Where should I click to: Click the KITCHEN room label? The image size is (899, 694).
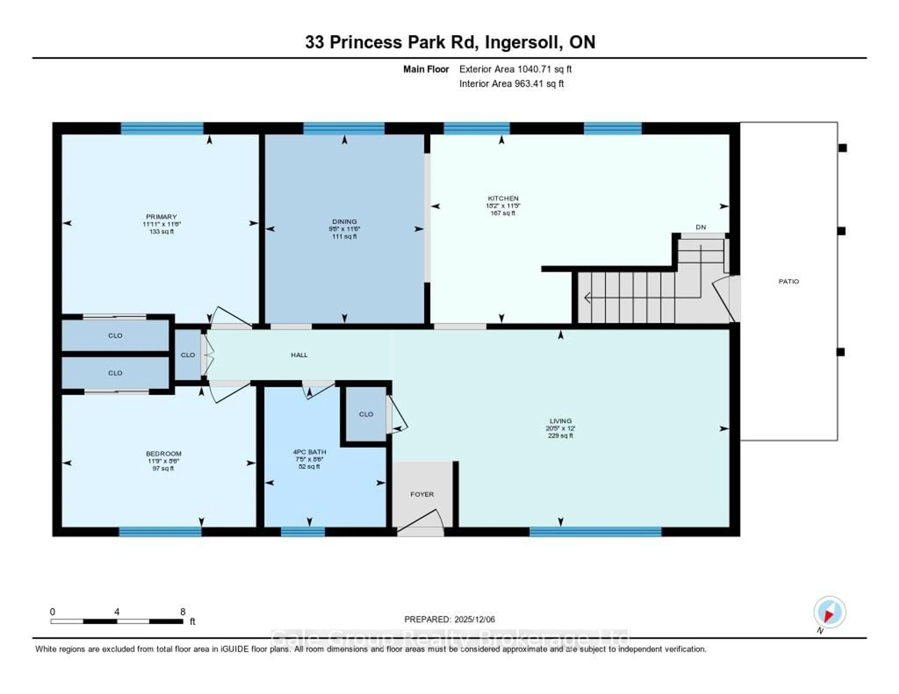click(x=503, y=198)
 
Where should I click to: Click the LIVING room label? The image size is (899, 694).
click(x=560, y=421)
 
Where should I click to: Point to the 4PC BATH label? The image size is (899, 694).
click(x=309, y=452)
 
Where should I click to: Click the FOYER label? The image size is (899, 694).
click(x=422, y=494)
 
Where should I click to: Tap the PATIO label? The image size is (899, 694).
click(x=788, y=281)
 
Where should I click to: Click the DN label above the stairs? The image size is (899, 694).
click(x=701, y=227)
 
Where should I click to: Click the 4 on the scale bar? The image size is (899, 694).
click(x=117, y=612)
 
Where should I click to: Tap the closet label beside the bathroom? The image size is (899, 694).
click(x=365, y=414)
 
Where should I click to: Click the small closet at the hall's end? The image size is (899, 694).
click(x=188, y=355)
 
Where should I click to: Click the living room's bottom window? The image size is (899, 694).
click(x=595, y=532)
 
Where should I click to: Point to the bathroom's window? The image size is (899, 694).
click(x=303, y=532)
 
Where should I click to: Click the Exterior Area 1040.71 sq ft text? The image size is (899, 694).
click(x=515, y=69)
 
